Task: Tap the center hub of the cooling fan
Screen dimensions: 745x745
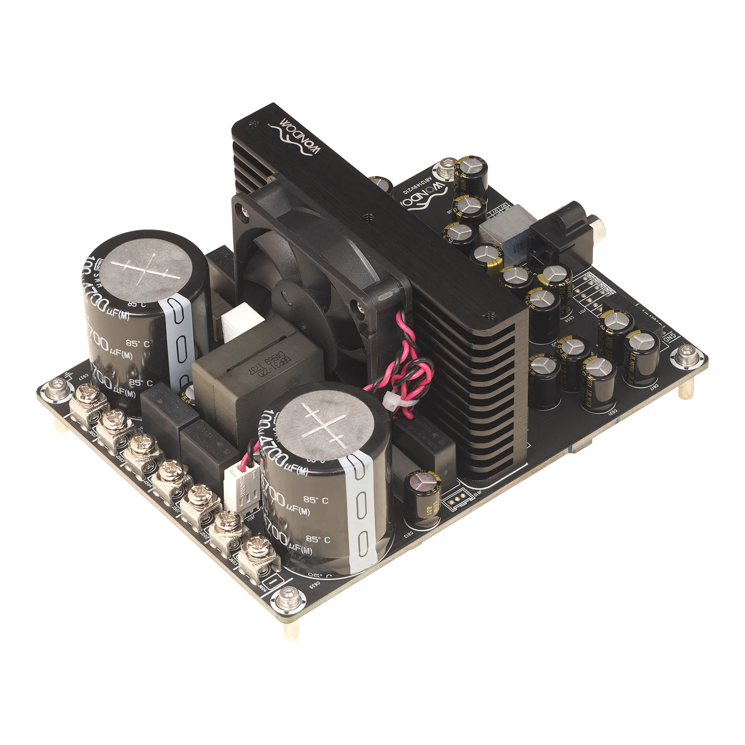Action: (288, 290)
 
